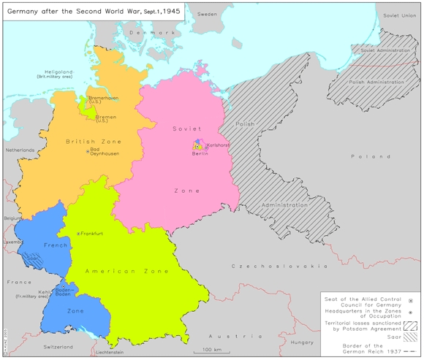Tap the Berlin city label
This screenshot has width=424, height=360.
pos(200,153)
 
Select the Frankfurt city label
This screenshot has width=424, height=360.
pos(93,234)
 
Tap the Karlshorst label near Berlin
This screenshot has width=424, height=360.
pos(219,145)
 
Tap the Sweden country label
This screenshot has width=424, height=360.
pos(208,14)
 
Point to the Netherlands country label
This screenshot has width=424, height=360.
pos(20,150)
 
